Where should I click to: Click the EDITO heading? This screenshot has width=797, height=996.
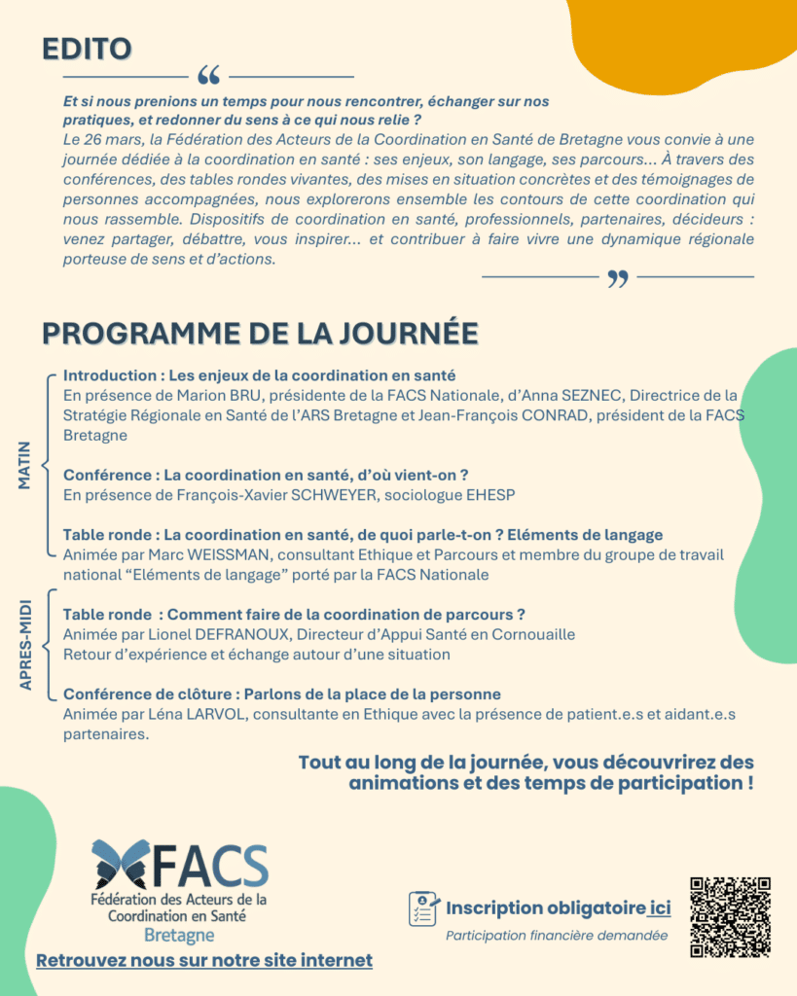pyautogui.click(x=87, y=48)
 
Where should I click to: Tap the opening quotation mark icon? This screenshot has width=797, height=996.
pyautogui.click(x=208, y=76)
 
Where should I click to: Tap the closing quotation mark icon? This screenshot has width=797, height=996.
pyautogui.click(x=618, y=279)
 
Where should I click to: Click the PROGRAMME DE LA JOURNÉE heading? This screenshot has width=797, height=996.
pyautogui.click(x=260, y=333)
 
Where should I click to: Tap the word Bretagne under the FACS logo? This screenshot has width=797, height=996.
pyautogui.click(x=179, y=935)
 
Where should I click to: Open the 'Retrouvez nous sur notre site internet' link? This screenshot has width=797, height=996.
pyautogui.click(x=204, y=960)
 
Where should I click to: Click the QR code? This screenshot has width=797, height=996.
pyautogui.click(x=730, y=916)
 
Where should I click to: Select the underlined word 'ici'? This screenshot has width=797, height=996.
pyautogui.click(x=660, y=908)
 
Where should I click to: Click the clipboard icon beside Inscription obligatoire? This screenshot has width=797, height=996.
pyautogui.click(x=422, y=908)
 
